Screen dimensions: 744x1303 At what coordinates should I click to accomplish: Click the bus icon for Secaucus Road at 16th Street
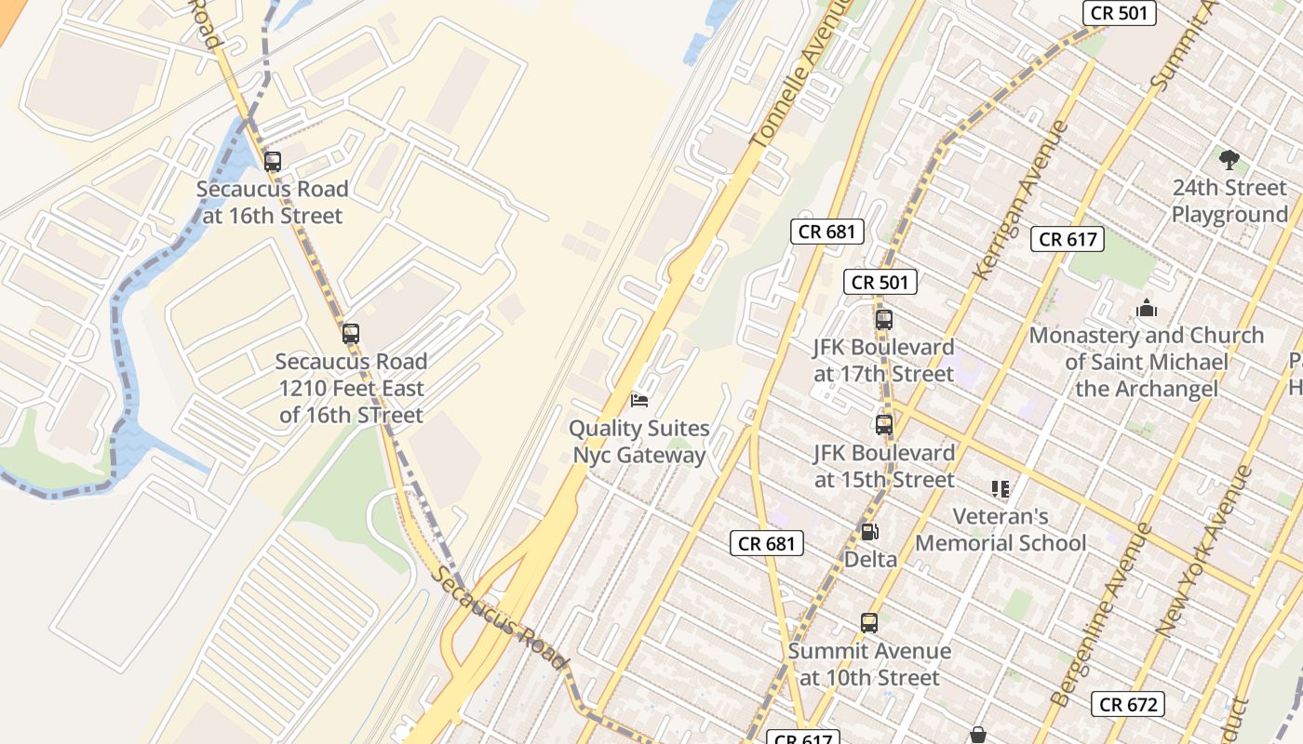(272, 161)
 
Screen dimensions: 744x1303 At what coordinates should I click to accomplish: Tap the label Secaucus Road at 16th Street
(272, 202)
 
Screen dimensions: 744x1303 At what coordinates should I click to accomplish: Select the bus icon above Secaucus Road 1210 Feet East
(350, 333)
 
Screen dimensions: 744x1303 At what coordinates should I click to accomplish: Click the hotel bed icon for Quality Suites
(639, 400)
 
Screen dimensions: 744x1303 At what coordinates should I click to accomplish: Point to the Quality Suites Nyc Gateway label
(639, 442)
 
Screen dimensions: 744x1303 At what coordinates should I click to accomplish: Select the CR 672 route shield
(1128, 704)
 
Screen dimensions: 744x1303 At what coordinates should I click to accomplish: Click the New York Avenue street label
(1205, 551)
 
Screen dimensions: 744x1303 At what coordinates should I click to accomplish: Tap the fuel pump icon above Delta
(869, 531)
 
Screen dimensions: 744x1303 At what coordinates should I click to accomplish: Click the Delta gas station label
(870, 559)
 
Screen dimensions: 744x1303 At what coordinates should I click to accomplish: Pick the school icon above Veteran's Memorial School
(1001, 488)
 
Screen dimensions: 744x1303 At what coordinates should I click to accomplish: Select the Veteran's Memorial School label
(1001, 529)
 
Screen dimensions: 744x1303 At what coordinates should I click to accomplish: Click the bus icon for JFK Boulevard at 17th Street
(883, 319)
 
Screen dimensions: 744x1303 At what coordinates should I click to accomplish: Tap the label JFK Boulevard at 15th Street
(884, 466)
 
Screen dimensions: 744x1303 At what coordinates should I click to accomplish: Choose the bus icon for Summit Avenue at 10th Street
(868, 622)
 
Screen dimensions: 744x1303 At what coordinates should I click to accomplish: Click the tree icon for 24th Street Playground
(1229, 159)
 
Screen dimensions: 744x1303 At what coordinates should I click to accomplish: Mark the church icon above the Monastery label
(1146, 307)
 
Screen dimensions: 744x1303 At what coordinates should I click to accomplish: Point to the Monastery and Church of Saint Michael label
(1146, 361)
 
